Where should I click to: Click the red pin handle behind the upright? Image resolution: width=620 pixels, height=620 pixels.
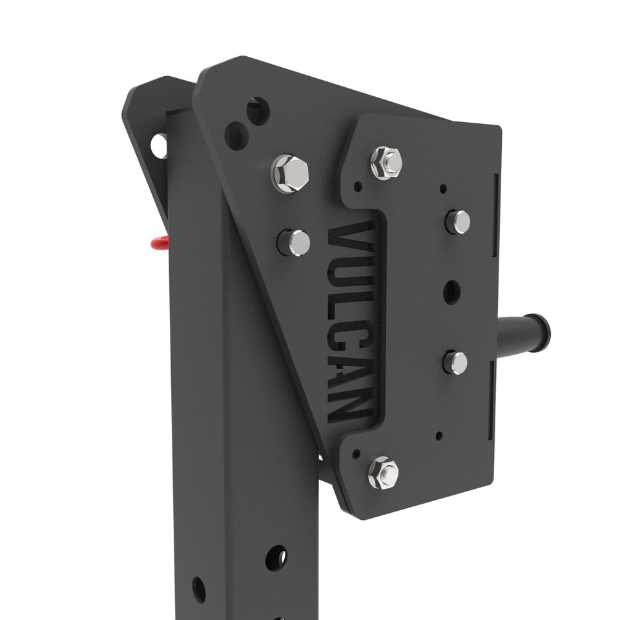159,243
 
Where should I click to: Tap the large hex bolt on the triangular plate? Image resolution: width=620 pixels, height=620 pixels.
290,173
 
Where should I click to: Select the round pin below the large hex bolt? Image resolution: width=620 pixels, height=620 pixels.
294,243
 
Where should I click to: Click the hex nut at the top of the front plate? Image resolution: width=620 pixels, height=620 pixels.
386,163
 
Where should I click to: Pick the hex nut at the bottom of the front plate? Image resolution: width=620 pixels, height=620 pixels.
384,472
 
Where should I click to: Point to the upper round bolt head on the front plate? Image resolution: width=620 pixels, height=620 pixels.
458,222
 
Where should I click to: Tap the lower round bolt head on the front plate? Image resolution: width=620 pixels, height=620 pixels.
455,362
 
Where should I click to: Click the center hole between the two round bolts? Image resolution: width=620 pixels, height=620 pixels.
452,292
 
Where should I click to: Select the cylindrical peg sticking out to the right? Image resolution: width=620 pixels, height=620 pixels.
524,332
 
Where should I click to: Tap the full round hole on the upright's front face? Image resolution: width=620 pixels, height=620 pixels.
276,557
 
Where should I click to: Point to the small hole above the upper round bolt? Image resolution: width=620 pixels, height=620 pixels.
443,189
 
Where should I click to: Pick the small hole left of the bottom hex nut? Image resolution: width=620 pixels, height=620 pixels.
356,454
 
